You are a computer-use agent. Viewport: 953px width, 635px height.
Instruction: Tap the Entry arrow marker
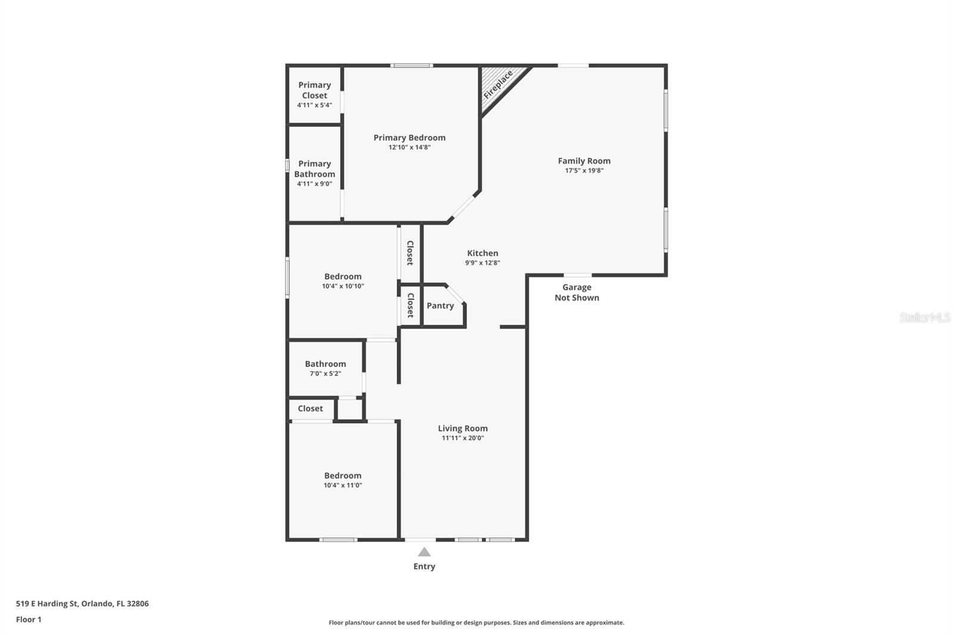[x=424, y=552]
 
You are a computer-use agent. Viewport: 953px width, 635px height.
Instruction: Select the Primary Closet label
[x=314, y=90]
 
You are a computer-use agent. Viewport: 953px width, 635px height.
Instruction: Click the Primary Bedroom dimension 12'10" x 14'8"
[x=409, y=147]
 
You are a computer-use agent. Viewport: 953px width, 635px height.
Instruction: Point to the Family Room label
[x=584, y=161]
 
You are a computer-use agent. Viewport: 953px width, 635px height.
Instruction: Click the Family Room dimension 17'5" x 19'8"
[x=584, y=170]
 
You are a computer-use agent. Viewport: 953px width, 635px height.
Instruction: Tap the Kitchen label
[x=482, y=253]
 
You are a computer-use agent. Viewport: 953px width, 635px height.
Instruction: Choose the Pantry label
[x=440, y=306]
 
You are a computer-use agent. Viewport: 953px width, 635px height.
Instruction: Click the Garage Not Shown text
[x=577, y=292]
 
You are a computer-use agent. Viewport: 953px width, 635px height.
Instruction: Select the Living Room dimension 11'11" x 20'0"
[x=463, y=438]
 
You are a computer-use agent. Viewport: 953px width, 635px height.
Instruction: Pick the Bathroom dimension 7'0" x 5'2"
[x=325, y=373]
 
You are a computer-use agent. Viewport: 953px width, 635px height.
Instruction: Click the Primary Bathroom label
[x=314, y=169]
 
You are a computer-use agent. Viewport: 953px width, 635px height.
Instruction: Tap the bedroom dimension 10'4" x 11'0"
[x=342, y=485]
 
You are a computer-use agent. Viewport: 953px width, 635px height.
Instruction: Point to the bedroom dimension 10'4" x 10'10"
[x=342, y=286]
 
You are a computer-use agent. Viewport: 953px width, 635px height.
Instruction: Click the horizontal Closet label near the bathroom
[x=310, y=409]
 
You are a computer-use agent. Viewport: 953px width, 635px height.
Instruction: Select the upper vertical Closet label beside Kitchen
[x=410, y=253]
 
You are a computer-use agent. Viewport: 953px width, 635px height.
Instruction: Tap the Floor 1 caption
[x=29, y=620]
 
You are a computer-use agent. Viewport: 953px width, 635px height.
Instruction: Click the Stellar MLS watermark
[x=924, y=317]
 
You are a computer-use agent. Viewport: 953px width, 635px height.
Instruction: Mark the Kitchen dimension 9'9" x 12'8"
[x=482, y=263]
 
